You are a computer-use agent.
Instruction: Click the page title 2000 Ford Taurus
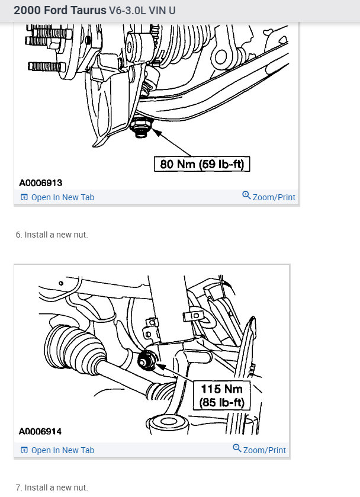pyautogui.click(x=52, y=11)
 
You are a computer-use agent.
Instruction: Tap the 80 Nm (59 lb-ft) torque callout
pyautogui.click(x=202, y=163)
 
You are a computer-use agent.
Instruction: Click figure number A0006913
pyautogui.click(x=40, y=183)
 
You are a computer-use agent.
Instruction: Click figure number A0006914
pyautogui.click(x=40, y=431)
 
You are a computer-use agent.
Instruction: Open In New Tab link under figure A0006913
pyautogui.click(x=62, y=197)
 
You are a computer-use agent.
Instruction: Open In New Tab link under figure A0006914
pyautogui.click(x=62, y=450)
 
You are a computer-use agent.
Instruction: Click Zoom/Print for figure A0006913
pyautogui.click(x=274, y=197)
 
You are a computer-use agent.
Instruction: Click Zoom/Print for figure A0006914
pyautogui.click(x=264, y=450)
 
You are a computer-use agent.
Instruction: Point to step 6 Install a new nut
pyautogui.click(x=52, y=235)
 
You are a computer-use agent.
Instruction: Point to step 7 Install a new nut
pyautogui.click(x=52, y=488)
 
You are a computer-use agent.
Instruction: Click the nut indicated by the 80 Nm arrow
pyautogui.click(x=141, y=127)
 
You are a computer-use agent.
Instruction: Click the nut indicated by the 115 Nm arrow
pyautogui.click(x=145, y=360)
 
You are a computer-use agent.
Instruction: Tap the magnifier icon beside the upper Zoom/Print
pyautogui.click(x=246, y=196)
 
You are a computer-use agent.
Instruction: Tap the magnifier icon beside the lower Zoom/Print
pyautogui.click(x=237, y=449)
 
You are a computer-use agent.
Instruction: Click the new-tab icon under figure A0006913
pyautogui.click(x=24, y=197)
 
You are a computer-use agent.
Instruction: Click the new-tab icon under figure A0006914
pyautogui.click(x=24, y=450)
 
